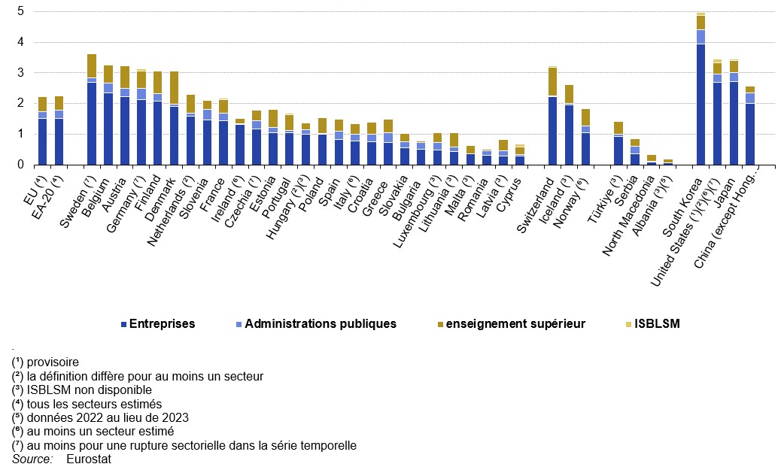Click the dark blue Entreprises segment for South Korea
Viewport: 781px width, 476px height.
click(700, 104)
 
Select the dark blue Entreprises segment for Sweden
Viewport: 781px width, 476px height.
click(92, 123)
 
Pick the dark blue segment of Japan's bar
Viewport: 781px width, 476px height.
click(734, 123)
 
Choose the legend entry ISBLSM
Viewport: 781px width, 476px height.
click(656, 324)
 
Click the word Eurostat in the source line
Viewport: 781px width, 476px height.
click(88, 459)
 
